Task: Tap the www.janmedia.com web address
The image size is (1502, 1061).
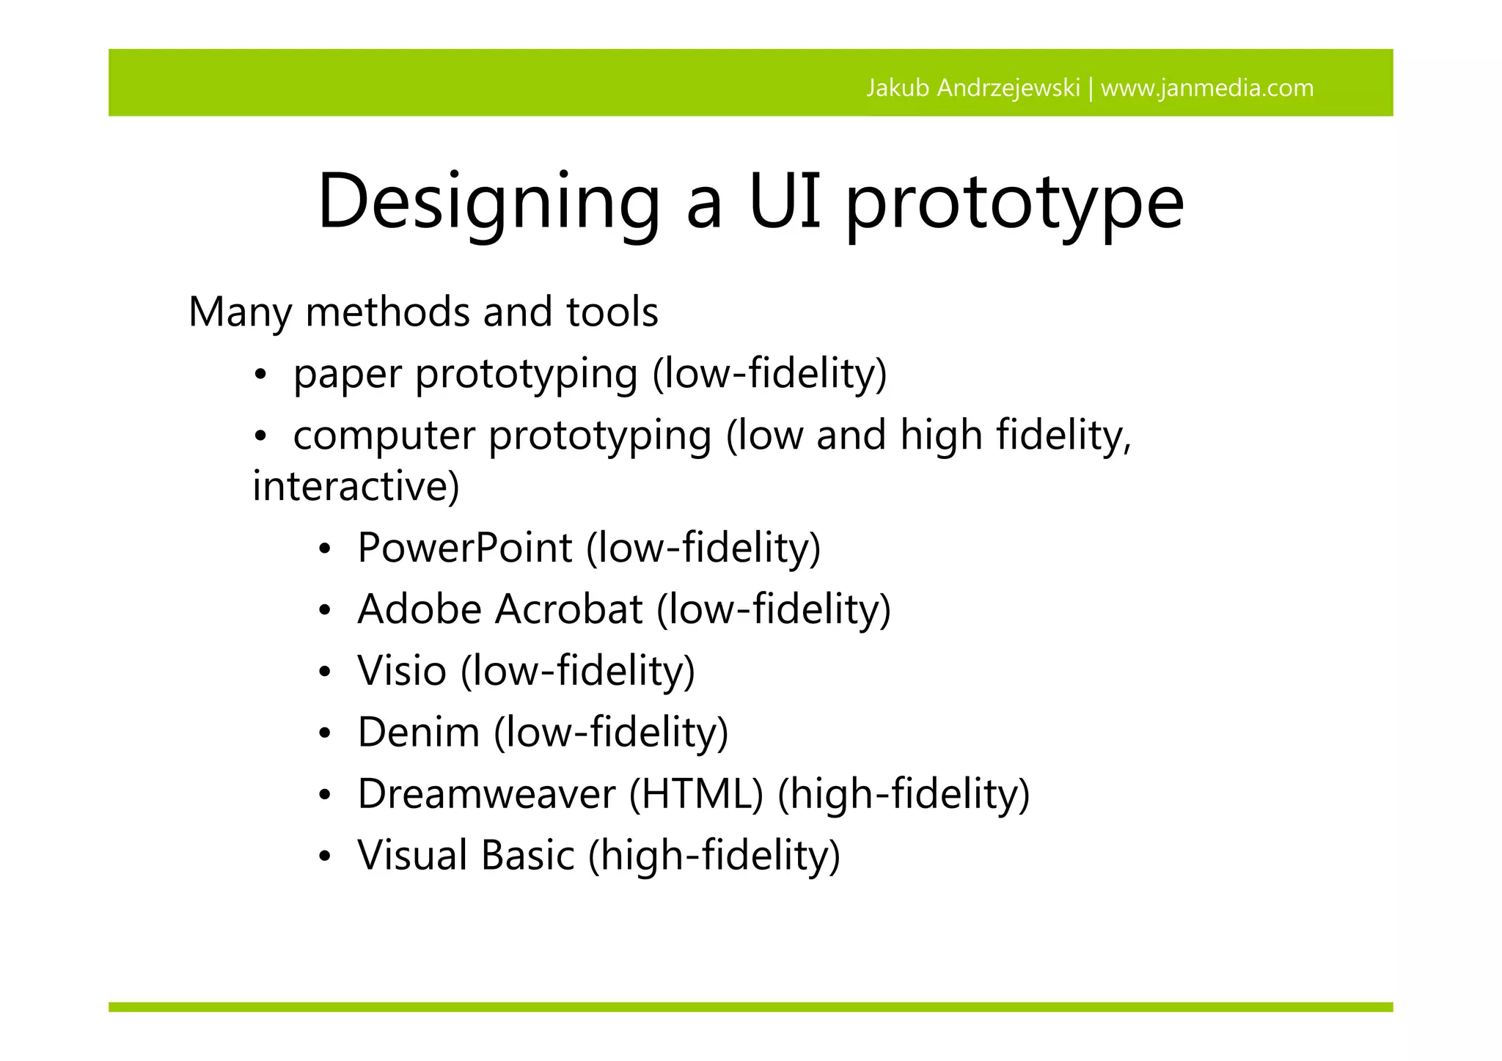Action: tap(1207, 88)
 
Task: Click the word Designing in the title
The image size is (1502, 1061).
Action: tap(488, 202)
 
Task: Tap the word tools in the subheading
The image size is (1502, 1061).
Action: tap(612, 312)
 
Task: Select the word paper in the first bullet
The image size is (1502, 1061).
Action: tap(348, 375)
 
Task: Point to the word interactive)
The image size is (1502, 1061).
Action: tap(356, 485)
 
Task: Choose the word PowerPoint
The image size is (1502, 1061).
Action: tap(464, 548)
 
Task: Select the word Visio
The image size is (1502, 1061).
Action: tap(402, 671)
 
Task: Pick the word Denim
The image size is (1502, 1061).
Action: tap(419, 733)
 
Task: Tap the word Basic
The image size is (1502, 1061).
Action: tap(528, 856)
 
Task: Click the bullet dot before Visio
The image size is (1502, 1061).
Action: tap(325, 672)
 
